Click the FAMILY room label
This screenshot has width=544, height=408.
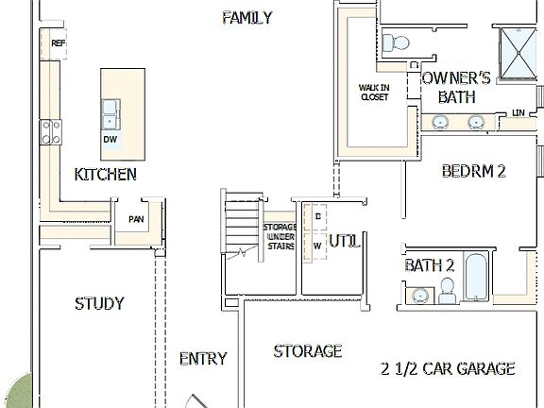(246, 18)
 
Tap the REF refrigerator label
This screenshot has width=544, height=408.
(58, 43)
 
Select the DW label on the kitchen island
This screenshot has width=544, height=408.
(110, 140)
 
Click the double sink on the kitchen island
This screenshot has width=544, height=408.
(110, 113)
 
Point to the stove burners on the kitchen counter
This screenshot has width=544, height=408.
(50, 132)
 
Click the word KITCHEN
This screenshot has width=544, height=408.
(105, 175)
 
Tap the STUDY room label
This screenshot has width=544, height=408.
(99, 303)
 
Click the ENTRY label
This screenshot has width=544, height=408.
(202, 358)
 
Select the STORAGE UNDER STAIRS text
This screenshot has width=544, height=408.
(280, 237)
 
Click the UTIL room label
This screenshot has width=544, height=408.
(345, 242)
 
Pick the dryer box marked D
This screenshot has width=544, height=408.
(317, 216)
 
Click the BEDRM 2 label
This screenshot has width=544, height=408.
(474, 171)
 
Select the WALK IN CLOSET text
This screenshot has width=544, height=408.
(374, 92)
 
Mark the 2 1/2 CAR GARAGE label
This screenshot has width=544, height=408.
(448, 368)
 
